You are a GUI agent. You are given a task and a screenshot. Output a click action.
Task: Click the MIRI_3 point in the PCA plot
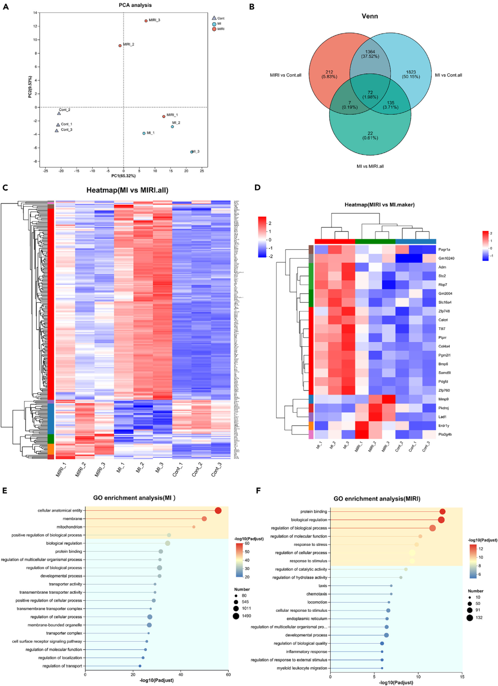point(146,21)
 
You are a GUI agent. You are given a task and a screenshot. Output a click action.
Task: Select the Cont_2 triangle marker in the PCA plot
point(59,113)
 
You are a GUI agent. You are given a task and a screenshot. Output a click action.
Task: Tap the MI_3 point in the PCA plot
point(192,152)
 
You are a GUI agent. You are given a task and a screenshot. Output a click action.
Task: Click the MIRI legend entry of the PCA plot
point(214,29)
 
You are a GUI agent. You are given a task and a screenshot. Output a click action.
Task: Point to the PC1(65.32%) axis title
point(124,176)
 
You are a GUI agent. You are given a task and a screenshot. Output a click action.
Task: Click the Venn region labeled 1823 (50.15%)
point(411,74)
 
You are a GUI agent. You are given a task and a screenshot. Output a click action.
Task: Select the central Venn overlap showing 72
point(370,95)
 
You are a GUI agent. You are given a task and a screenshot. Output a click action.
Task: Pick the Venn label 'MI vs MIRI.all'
point(370,166)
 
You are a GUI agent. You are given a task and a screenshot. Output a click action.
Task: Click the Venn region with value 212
point(329,74)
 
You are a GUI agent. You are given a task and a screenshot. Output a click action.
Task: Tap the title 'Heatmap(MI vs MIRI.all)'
point(127,190)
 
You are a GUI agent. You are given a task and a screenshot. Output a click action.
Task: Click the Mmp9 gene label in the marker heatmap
point(444,399)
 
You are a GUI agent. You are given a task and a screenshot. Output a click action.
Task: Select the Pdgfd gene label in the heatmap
point(444,382)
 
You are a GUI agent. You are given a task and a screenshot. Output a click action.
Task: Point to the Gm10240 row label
point(446,259)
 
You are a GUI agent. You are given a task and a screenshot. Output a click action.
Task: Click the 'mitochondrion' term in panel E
point(70,527)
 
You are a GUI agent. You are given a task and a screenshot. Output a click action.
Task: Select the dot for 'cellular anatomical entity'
point(218,510)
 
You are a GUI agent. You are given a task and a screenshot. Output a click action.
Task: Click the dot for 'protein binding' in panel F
point(442,512)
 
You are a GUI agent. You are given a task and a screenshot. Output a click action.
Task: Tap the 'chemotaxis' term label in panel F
point(317,594)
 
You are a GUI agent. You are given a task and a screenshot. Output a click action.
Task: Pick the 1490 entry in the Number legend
point(236,616)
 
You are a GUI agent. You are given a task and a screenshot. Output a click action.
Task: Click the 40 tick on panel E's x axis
point(181,674)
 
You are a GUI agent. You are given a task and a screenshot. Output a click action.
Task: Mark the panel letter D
point(257,187)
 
